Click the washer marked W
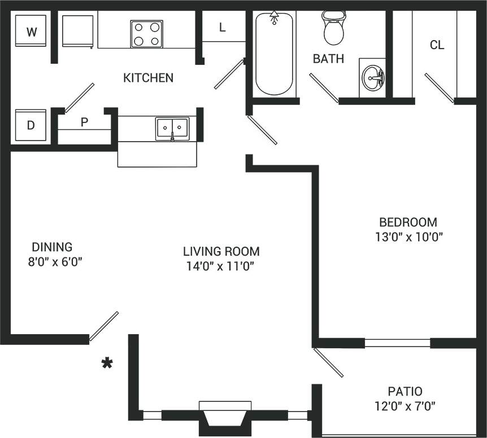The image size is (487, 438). pos(32,31)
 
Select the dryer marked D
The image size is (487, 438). pos(31,125)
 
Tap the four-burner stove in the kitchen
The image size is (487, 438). pos(147,34)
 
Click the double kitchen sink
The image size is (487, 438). pos(172,129)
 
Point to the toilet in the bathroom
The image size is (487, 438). pos(333,28)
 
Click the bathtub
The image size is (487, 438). pos(275,54)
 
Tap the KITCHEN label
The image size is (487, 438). pos(148,78)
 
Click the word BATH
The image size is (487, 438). pos(328,59)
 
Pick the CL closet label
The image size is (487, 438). pos(437,45)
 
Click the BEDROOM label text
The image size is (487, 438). pos(408,222)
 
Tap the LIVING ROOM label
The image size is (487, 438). pos(221,251)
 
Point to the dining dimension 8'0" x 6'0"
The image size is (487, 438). pos(52,262)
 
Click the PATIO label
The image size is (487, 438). pos(405,391)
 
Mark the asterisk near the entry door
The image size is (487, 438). pos(106,363)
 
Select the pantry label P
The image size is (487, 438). pos(84,122)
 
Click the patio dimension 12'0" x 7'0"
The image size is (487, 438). pos(405,406)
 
